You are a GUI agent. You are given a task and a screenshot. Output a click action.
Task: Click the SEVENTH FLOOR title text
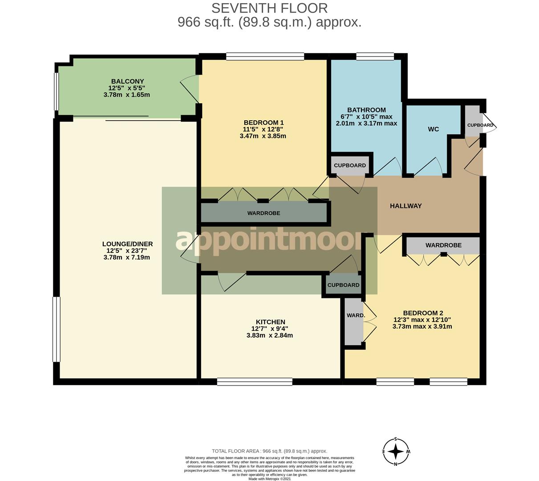click(269, 8)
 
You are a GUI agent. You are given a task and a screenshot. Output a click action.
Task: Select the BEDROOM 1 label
click(263, 122)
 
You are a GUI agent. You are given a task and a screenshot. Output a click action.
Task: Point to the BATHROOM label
click(366, 110)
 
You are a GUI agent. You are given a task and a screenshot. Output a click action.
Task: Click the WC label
click(433, 129)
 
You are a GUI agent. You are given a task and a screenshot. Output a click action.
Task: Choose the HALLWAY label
click(405, 206)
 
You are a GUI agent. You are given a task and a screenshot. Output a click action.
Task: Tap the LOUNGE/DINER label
click(127, 244)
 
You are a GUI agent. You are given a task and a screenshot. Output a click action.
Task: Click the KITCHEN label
click(270, 322)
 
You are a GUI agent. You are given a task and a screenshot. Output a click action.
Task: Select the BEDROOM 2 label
click(423, 313)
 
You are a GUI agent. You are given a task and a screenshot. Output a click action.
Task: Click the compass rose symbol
click(396, 452)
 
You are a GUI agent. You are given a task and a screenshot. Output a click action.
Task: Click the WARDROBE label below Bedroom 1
click(263, 213)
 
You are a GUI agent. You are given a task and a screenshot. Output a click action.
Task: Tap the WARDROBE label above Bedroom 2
click(443, 245)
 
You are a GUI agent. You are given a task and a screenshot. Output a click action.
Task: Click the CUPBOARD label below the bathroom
click(350, 165)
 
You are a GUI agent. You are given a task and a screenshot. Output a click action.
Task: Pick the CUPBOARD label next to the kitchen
click(343, 285)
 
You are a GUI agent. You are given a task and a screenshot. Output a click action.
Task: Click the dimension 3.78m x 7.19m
click(126, 257)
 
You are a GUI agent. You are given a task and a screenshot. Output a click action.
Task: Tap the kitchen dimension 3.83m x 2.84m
click(270, 335)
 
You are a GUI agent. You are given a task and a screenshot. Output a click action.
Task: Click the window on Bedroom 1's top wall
click(265, 57)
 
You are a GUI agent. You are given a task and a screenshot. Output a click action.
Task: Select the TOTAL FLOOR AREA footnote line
click(269, 451)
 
